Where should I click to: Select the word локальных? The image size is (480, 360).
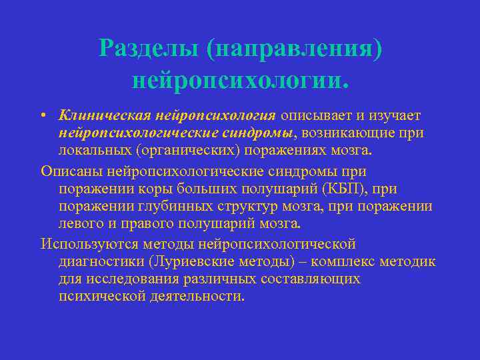click(x=91, y=150)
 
